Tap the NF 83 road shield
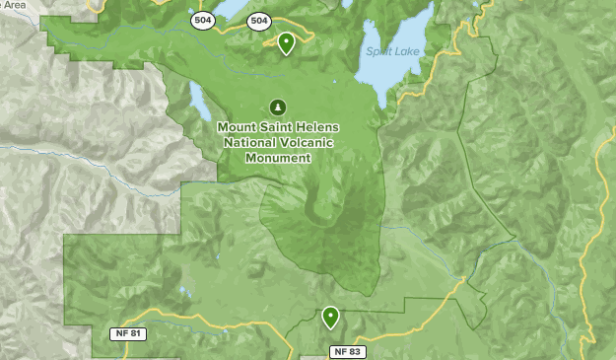tap(347, 351)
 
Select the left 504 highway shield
tap(203, 21)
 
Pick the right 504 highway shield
tap(259, 20)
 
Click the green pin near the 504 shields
tap(286, 42)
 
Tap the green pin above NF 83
tap(330, 317)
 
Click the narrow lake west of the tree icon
tap(196, 100)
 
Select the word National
tap(249, 142)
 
